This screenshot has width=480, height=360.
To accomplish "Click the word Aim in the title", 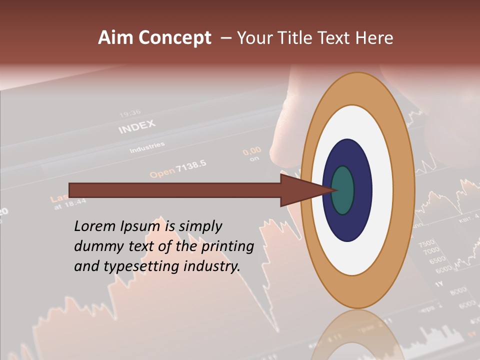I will (115, 38).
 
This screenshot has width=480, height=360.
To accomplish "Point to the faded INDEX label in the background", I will (137, 127).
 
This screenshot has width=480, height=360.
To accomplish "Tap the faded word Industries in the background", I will (147, 148).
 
